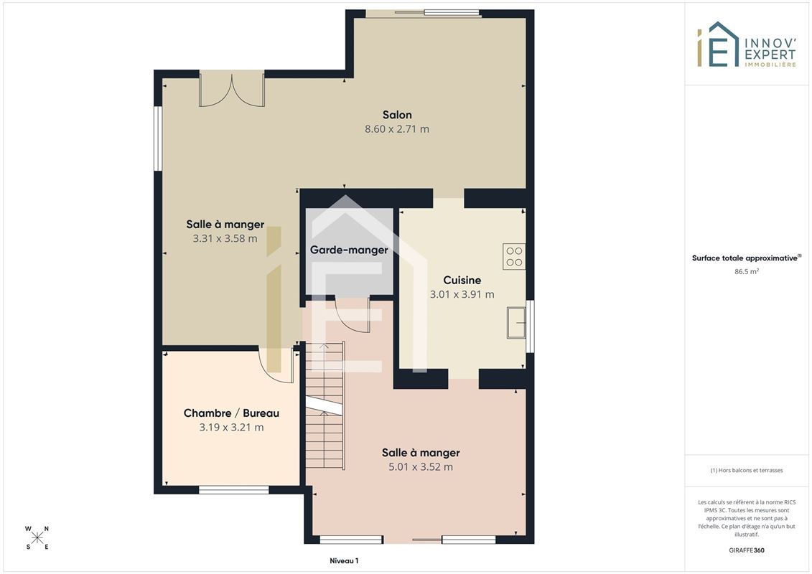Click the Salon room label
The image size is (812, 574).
397,115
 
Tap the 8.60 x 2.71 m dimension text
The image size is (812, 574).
397,129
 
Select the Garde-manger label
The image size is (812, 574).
349,250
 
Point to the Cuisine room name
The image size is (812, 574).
462,280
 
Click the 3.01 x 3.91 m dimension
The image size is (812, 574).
462,294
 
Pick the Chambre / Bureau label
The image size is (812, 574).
231,413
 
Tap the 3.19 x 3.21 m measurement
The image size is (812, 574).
231,428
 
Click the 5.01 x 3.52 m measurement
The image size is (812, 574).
421,467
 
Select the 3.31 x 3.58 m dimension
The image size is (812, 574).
225,239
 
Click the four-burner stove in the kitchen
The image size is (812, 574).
514,257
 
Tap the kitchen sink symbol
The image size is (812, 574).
515,322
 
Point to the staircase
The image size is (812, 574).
325,405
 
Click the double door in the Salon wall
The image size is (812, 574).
232,90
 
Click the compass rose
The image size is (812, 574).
37,538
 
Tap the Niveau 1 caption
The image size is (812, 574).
344,560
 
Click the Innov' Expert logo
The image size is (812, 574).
746,44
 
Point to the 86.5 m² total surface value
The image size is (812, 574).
746,271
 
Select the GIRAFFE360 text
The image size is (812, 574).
746,550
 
